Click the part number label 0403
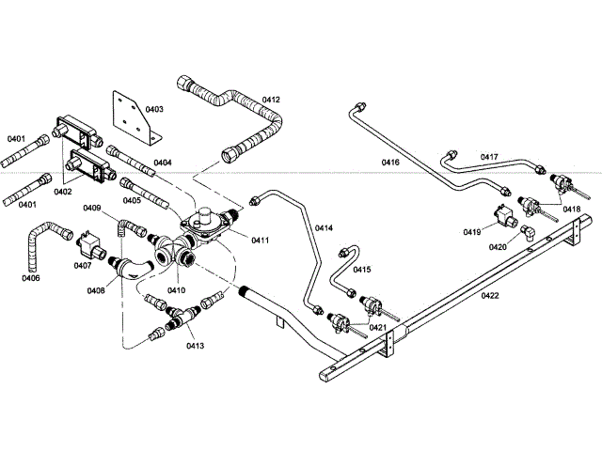[152, 110]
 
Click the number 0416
[390, 163]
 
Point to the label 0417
[489, 157]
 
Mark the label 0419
[471, 230]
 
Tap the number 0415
[361, 270]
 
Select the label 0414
[324, 228]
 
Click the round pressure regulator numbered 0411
[204, 225]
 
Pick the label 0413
[196, 346]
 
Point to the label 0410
[177, 289]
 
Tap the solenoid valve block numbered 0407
[89, 246]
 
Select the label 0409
[92, 208]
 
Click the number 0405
[132, 199]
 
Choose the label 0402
[63, 192]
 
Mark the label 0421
[378, 327]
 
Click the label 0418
[572, 209]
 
